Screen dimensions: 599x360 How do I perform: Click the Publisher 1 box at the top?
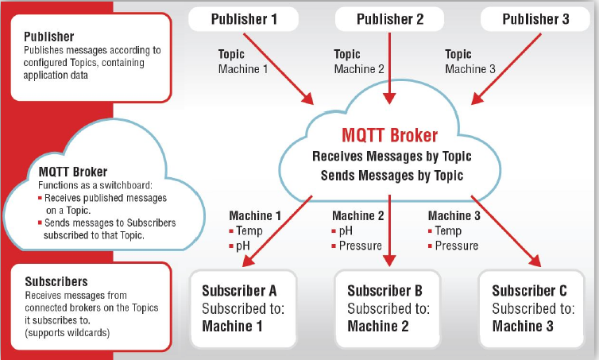click(x=243, y=19)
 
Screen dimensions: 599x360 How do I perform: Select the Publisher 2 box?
click(x=389, y=19)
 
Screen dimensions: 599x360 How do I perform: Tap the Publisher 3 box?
click(x=535, y=19)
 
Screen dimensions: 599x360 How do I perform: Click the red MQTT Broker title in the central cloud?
click(x=389, y=135)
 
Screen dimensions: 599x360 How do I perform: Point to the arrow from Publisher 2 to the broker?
click(x=389, y=68)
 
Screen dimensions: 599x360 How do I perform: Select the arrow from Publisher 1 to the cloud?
click(x=279, y=69)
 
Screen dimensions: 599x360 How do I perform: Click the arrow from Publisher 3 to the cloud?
click(x=506, y=69)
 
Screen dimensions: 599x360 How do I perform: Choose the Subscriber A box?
click(x=243, y=309)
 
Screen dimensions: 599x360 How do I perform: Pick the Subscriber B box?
click(x=388, y=309)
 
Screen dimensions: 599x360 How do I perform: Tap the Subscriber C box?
click(x=531, y=309)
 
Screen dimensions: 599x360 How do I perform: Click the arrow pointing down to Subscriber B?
click(x=389, y=230)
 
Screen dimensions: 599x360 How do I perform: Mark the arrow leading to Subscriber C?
click(x=506, y=231)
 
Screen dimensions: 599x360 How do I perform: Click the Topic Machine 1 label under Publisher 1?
click(x=243, y=61)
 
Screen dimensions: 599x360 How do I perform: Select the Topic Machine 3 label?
click(x=470, y=61)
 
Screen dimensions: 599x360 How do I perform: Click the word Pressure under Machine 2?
click(x=360, y=246)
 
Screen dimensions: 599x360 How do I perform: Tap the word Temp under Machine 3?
click(x=448, y=230)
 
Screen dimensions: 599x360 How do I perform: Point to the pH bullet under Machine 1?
click(x=240, y=246)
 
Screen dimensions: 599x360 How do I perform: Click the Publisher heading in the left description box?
click(x=49, y=37)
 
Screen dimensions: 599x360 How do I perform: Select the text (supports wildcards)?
click(x=68, y=333)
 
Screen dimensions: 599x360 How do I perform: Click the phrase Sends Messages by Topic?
click(x=392, y=176)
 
